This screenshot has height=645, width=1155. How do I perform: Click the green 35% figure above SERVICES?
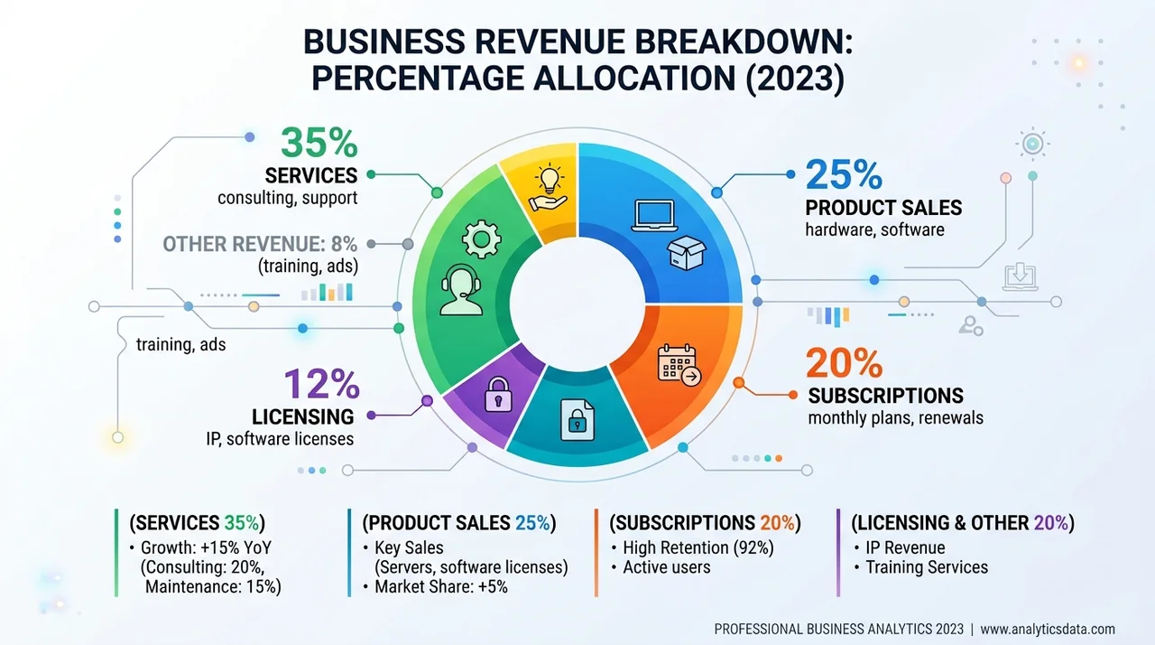click(x=319, y=143)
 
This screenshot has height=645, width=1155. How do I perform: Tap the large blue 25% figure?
click(x=844, y=175)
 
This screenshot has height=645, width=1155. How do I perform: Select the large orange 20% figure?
click(x=844, y=363)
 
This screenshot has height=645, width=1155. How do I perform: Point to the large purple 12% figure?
click(x=321, y=384)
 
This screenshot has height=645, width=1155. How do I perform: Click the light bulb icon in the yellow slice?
click(x=550, y=187)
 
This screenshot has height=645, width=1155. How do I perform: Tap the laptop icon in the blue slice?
click(x=654, y=216)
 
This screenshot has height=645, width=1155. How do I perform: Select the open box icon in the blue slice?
click(x=687, y=253)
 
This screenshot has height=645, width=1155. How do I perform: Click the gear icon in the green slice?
click(x=481, y=238)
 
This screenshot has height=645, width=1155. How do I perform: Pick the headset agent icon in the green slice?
click(x=461, y=290)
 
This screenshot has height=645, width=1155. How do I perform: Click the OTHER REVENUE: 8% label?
click(x=260, y=244)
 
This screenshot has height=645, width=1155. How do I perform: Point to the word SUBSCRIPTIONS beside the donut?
click(x=885, y=396)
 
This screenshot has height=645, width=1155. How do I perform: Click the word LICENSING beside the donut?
click(x=302, y=417)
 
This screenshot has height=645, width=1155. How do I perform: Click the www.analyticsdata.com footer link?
click(x=1048, y=629)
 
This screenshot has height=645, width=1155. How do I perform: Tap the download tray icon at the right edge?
click(x=1020, y=276)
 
